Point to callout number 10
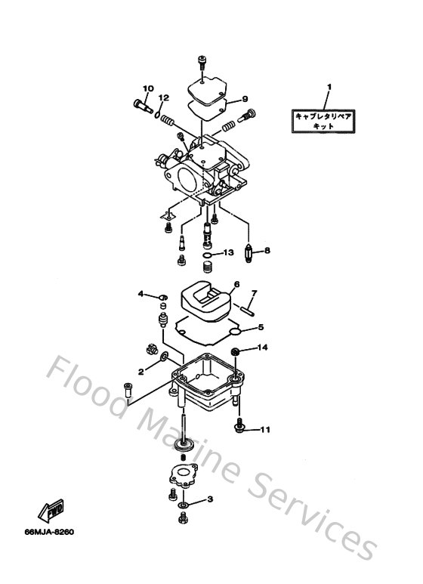(x=148, y=89)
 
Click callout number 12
(x=164, y=98)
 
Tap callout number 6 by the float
(x=236, y=285)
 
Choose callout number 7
(x=255, y=293)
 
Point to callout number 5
(x=261, y=327)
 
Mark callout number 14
(x=264, y=348)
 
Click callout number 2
(x=140, y=371)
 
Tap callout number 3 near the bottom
(x=210, y=499)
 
